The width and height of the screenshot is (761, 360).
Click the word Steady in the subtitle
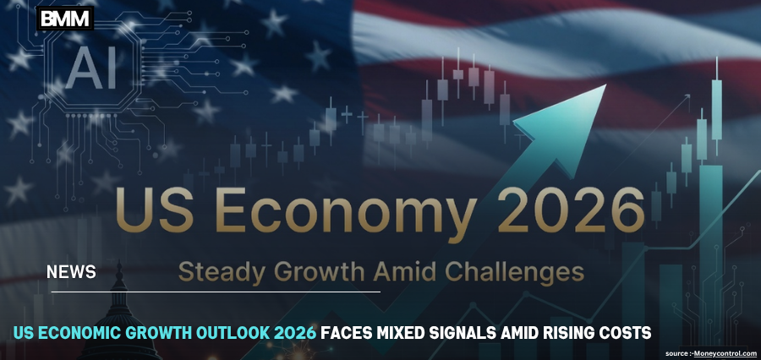pyautogui.click(x=220, y=272)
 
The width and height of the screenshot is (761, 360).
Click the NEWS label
pyautogui.click(x=71, y=272)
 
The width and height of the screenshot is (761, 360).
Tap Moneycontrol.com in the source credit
pyautogui.click(x=725, y=352)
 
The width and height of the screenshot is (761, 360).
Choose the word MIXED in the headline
pyautogui.click(x=410, y=333)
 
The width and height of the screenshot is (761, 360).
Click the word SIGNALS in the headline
pyautogui.click(x=479, y=333)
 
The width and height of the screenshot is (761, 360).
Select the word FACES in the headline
pyautogui.click(x=348, y=333)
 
